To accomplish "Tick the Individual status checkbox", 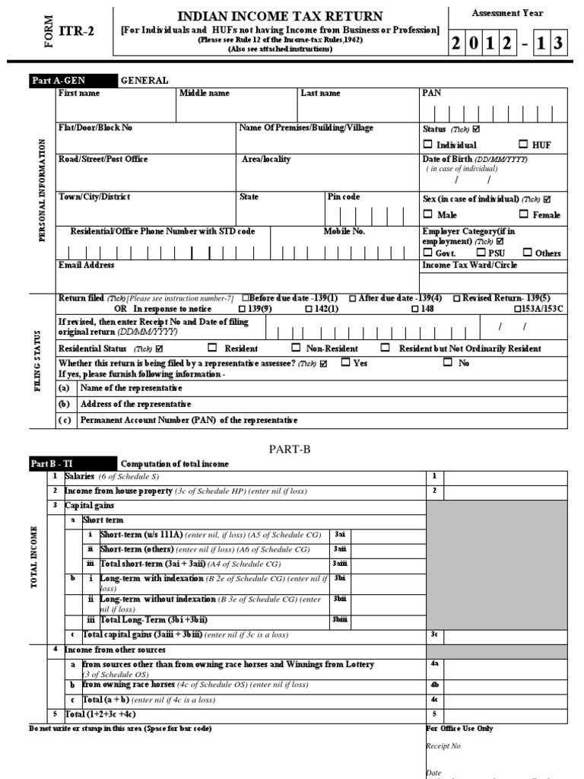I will click(427, 145).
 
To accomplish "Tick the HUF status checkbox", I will click(524, 144).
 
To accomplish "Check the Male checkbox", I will click(427, 215).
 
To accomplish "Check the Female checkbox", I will click(524, 215).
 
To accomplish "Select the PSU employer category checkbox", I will click(482, 253).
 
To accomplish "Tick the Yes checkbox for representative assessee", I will click(345, 363).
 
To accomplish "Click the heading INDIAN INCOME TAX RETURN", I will click(280, 17).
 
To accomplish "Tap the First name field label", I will click(79, 94).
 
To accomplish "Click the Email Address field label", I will click(87, 265).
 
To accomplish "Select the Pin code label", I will click(344, 197).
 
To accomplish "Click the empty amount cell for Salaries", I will click(505, 477).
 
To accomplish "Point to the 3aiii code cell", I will click(340, 564).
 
